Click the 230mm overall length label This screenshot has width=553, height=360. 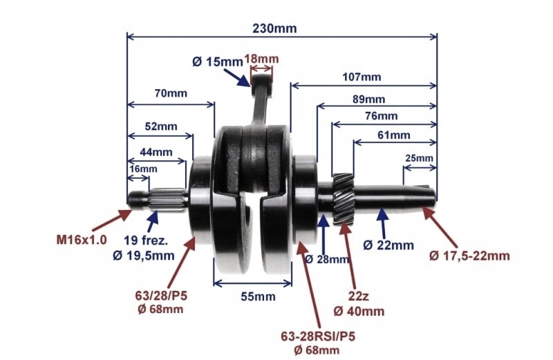point(276,28)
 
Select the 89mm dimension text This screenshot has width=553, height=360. point(369,99)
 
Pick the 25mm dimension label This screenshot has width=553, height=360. point(418,158)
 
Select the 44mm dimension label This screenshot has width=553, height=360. point(156,151)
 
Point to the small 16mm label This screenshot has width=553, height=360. point(142,169)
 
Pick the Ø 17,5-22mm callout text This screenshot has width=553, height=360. point(470,256)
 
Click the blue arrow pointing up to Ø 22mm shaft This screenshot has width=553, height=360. point(379,224)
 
